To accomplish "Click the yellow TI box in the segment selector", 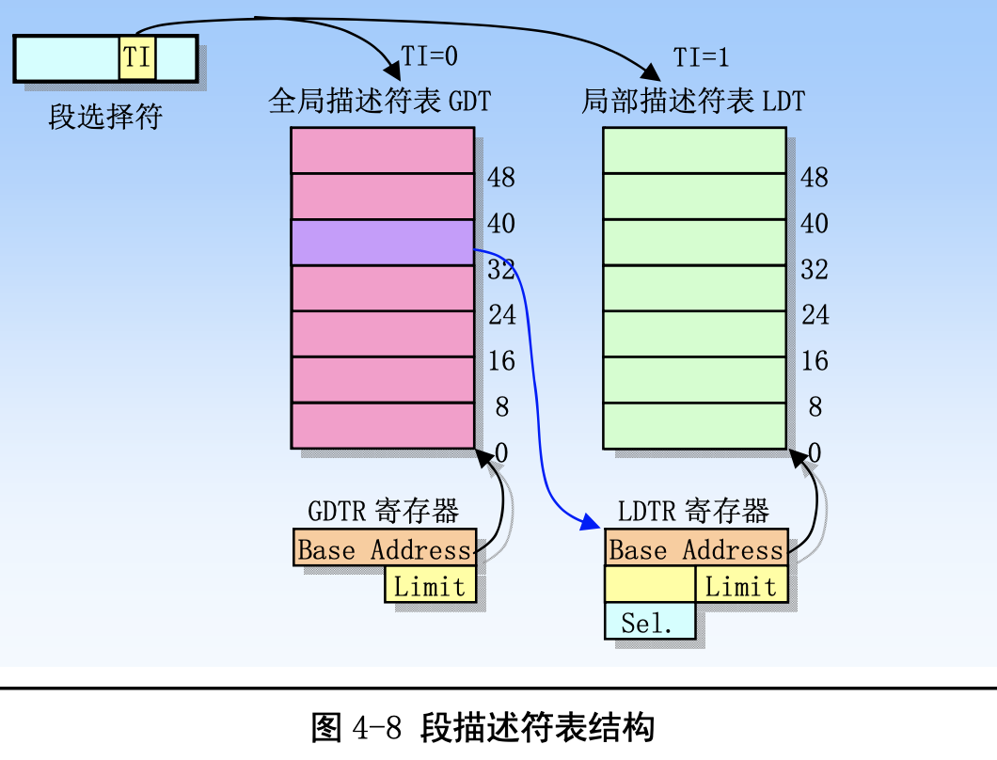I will pos(137,57).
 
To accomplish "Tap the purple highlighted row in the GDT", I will pos(382,243).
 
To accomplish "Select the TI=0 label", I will pos(430,56).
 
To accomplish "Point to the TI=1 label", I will pos(701,57).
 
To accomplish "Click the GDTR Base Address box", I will pos(384,550).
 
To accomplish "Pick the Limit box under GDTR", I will pos(430,587).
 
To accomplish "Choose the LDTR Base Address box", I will pos(696,550).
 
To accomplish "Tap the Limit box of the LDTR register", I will pos(741,587).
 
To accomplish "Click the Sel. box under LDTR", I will pos(649,623).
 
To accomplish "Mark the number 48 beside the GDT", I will pos(501,177).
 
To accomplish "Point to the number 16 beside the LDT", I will pos(815,361).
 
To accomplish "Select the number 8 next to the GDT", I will pos(502,407).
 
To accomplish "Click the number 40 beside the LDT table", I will pos(815,224).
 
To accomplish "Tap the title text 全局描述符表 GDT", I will pos(380,101).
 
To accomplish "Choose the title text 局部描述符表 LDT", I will pos(693,101).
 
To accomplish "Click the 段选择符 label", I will pos(105,117).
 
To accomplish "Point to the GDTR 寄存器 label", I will pos(383,512).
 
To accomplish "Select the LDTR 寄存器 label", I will pos(693,512).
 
